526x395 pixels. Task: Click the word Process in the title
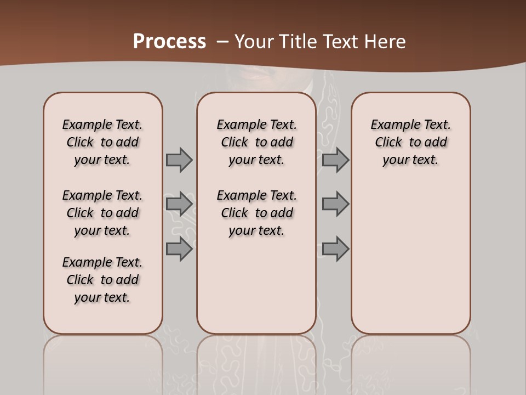point(169,42)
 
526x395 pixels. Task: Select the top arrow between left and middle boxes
point(179,160)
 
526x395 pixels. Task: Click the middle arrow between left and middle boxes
point(179,205)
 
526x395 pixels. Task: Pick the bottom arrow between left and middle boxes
point(179,249)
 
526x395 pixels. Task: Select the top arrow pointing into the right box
point(335,160)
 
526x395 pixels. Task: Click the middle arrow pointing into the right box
point(335,205)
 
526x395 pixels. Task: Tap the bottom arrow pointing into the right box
point(335,249)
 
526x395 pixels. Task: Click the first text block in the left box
point(102,142)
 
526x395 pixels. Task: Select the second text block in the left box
point(102,213)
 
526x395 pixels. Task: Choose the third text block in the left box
point(102,280)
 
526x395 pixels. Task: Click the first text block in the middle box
point(256,142)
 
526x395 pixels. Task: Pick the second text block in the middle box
point(256,213)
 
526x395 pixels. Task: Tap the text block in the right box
point(410,142)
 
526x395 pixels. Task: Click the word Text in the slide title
point(343,42)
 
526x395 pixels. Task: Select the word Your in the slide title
point(254,42)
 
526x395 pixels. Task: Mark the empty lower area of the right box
point(410,258)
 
